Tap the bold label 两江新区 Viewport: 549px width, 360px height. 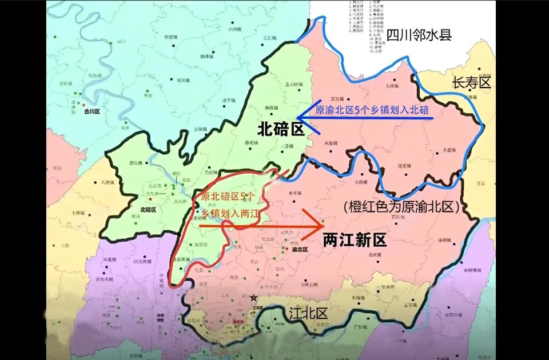[355, 239]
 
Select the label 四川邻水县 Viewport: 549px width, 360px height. [419, 35]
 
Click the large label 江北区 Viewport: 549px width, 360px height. [307, 313]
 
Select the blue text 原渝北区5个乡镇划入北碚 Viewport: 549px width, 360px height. [372, 110]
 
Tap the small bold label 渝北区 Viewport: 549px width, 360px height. [300, 250]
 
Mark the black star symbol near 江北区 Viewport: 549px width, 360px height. [253, 298]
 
